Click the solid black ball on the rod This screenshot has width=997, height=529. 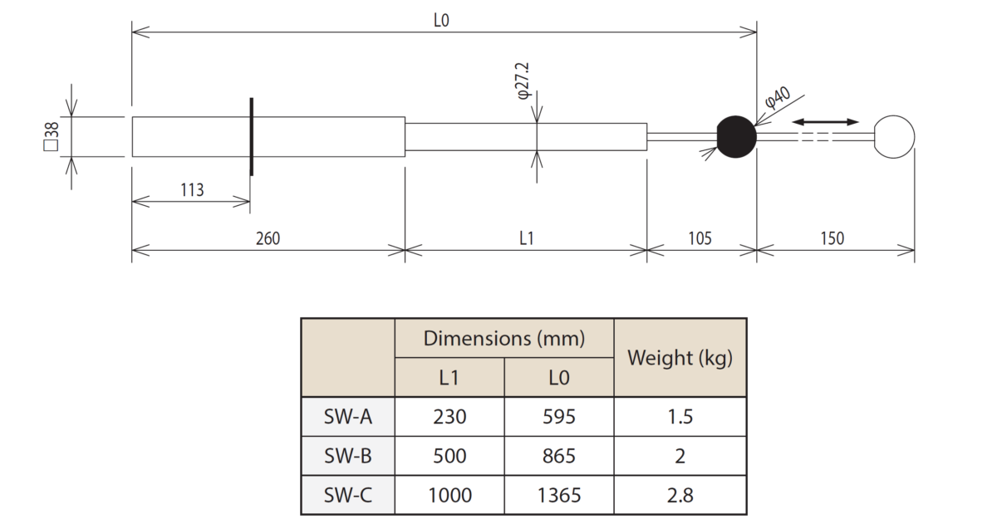pos(736,137)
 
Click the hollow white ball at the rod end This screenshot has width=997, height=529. pos(894,137)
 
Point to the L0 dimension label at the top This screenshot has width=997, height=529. pos(441,20)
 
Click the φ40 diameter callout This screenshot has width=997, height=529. pos(778,100)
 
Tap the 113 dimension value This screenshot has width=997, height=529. pos(192,190)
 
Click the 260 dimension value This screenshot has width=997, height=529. pos(268,238)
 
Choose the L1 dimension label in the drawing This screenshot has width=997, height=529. pos(526,238)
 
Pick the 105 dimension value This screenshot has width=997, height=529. pos(700,238)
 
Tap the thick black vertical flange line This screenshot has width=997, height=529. pos(251,137)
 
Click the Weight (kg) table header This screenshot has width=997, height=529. pos(680,358)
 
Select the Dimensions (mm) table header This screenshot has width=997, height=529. pos(504,338)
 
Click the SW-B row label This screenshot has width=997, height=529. pos(347,456)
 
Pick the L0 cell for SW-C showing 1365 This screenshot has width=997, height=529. pos(559,496)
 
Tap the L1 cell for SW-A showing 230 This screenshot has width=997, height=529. pos(449,416)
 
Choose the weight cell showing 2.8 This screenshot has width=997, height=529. pos(680,496)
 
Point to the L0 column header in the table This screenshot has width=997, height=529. pos(559,378)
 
